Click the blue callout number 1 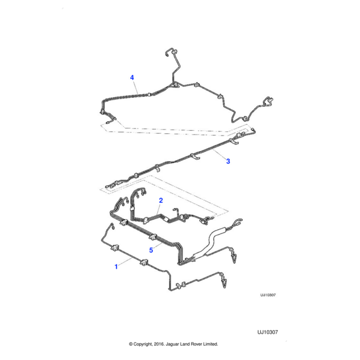pyautogui.click(x=116, y=266)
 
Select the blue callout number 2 pyautogui.click(x=161, y=200)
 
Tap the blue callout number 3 pyautogui.click(x=228, y=161)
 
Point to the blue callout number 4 pyautogui.click(x=132, y=77)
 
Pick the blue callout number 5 pyautogui.click(x=151, y=250)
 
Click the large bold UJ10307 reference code pyautogui.click(x=268, y=332)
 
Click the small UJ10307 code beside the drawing pyautogui.click(x=268, y=295)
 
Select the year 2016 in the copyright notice pyautogui.click(x=158, y=344)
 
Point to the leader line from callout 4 pyautogui.click(x=136, y=87)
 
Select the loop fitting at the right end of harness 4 pyautogui.click(x=268, y=101)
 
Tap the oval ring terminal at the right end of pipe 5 pyautogui.click(x=238, y=221)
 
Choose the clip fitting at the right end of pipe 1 pyautogui.click(x=223, y=281)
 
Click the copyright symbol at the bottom pyautogui.click(x=131, y=344)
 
